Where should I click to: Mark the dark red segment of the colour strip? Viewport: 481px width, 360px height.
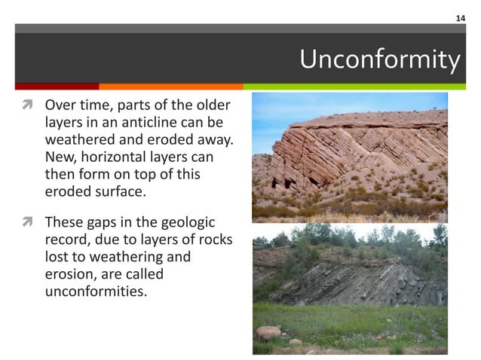57,86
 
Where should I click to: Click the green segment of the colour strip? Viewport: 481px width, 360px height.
354,86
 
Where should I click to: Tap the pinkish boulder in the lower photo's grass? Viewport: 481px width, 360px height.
268,332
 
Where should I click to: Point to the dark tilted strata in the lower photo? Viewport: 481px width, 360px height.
354,282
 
